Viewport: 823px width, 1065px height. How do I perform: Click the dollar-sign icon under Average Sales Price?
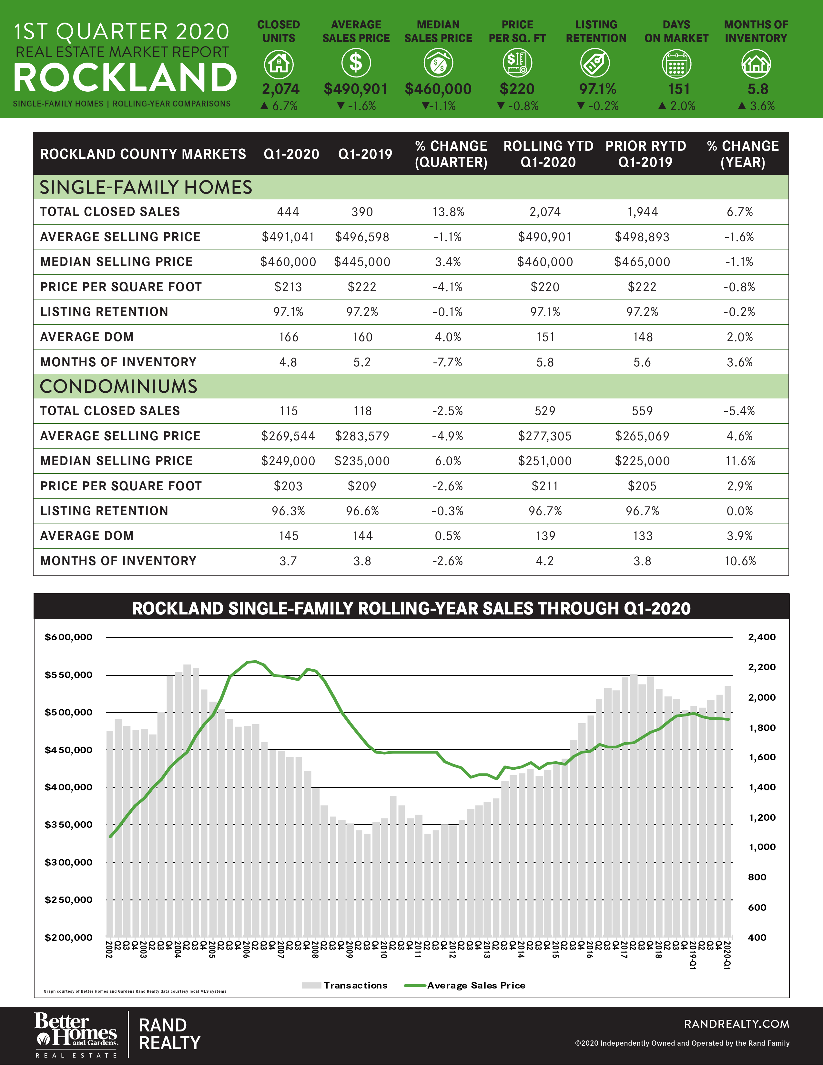click(356, 63)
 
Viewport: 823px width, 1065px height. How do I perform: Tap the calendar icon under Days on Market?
click(676, 64)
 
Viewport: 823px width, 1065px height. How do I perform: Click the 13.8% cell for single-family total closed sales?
click(448, 212)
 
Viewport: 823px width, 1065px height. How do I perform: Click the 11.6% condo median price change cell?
click(740, 461)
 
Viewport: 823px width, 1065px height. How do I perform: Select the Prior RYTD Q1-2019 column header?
click(645, 154)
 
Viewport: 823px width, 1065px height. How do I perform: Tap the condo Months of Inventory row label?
click(118, 561)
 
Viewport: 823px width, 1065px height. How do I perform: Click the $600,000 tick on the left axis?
click(68, 637)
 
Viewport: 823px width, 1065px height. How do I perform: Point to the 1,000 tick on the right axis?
click(762, 847)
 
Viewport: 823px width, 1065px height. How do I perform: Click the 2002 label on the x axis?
click(109, 949)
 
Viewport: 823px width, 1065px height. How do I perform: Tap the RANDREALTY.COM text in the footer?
click(736, 1024)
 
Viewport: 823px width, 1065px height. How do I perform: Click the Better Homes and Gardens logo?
click(76, 1034)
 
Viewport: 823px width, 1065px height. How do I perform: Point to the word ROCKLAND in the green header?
click(125, 78)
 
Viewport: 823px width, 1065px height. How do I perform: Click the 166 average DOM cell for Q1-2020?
click(288, 337)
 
